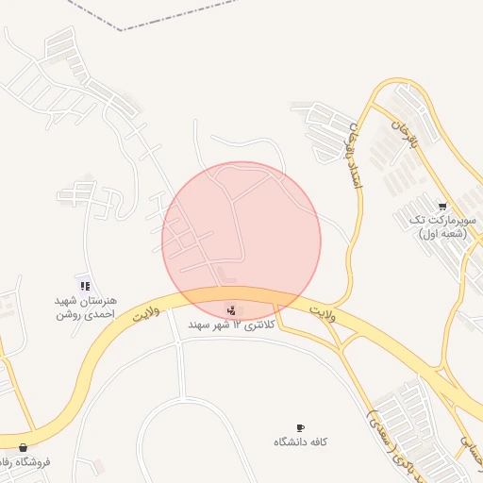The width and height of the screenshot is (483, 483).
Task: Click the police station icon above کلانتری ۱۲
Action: coord(232,309)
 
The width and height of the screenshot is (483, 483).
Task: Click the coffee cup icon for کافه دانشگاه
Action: coord(300,428)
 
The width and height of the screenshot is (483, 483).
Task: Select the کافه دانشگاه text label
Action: coord(300,442)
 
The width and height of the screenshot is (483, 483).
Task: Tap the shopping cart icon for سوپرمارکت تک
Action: coord(442,206)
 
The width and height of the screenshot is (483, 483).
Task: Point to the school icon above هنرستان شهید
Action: coord(85,285)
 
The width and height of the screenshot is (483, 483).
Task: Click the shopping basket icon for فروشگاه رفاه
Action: coord(24,448)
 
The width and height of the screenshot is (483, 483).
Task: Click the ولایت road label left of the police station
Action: coord(144,312)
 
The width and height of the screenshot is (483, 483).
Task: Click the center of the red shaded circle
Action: coord(241,241)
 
